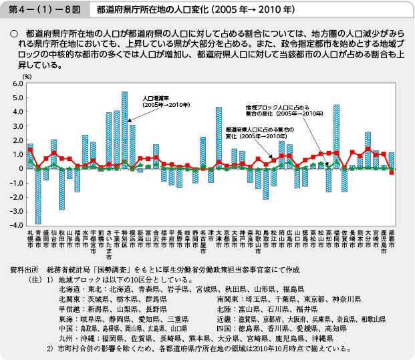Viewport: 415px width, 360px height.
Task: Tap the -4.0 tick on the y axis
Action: coord(16,225)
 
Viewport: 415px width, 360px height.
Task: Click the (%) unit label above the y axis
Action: coord(27,77)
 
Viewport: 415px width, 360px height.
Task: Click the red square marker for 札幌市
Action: coord(30,150)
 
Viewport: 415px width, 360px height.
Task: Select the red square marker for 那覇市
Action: coord(392,172)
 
